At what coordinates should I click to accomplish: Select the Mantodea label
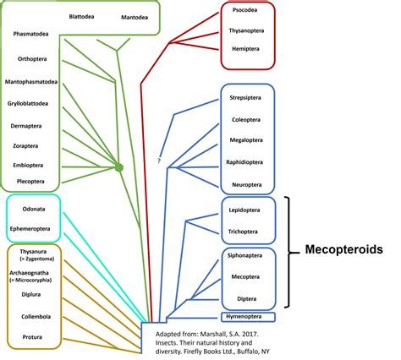click(x=133, y=16)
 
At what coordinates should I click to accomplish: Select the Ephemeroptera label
click(x=35, y=228)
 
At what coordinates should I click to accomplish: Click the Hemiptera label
click(x=249, y=50)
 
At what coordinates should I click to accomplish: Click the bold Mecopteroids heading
click(x=343, y=250)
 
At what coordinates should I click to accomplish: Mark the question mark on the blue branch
click(x=159, y=161)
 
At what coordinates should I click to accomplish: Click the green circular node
click(x=119, y=167)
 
